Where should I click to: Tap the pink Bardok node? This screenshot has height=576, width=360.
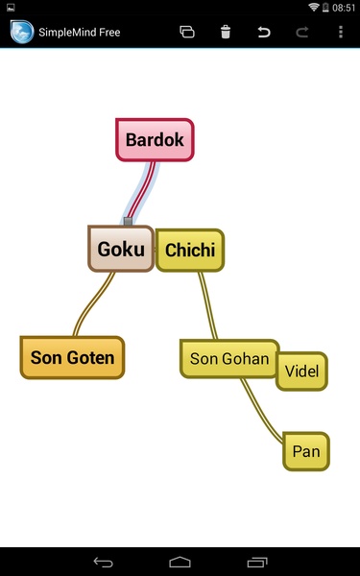click(x=155, y=139)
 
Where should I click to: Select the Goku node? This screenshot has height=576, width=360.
click(x=121, y=249)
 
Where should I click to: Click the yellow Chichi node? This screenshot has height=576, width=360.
click(x=190, y=251)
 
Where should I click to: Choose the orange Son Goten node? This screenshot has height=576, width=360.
click(x=72, y=357)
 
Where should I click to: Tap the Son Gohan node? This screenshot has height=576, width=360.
click(x=228, y=358)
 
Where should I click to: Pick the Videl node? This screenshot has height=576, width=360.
click(x=302, y=371)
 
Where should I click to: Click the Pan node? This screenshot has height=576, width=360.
click(x=306, y=451)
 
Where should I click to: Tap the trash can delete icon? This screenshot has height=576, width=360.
click(x=226, y=32)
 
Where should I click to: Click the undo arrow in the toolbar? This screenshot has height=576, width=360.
click(x=264, y=33)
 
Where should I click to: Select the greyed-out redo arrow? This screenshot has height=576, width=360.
click(x=302, y=33)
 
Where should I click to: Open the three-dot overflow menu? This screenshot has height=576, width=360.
click(x=341, y=32)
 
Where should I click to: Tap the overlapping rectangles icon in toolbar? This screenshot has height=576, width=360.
click(x=187, y=32)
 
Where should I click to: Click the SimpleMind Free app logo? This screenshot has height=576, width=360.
click(x=22, y=32)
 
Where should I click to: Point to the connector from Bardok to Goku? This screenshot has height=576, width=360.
click(x=141, y=190)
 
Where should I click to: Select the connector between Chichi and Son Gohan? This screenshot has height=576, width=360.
click(x=208, y=305)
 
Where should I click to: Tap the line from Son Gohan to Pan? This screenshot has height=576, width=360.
click(x=260, y=411)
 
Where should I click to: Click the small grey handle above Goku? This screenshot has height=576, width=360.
click(x=128, y=221)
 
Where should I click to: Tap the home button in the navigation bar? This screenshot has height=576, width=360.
click(x=180, y=562)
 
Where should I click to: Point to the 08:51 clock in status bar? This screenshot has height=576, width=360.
click(x=344, y=8)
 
